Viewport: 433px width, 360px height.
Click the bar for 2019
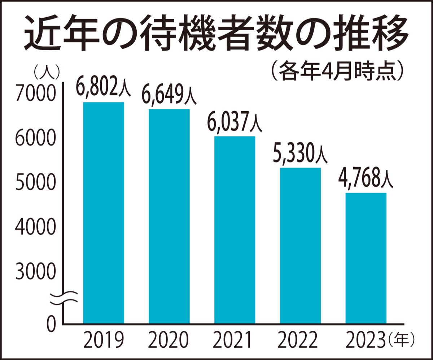point(104,213)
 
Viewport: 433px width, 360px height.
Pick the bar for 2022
point(300,246)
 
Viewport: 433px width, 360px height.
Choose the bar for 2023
point(366,258)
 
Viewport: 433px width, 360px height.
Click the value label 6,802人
point(103,88)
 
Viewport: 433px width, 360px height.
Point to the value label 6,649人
point(169,95)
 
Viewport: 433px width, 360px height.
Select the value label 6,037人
point(235,122)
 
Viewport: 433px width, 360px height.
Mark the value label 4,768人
point(366,179)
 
